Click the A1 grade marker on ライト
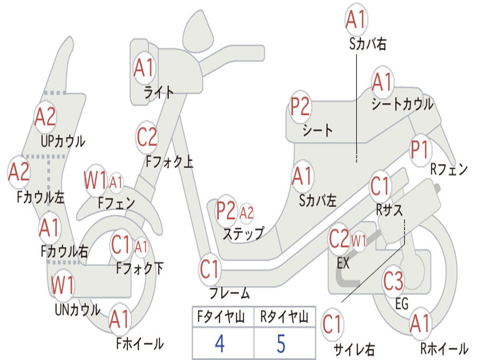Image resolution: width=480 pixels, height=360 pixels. coord(143,68)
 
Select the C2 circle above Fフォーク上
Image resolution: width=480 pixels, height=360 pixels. coord(147,137)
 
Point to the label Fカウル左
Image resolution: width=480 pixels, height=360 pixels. coord(41,197)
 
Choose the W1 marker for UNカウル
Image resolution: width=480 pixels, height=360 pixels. coord(63,285)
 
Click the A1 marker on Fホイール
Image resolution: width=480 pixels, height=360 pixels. coord(120,321)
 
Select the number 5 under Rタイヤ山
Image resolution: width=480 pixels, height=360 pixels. coord(281,344)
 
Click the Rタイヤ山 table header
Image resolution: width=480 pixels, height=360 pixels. coord(284,318)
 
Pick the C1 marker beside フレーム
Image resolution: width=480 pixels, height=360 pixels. coord(210,270)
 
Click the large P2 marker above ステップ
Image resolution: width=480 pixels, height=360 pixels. coord(226,211)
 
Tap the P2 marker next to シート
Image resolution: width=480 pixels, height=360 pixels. coord(300,107)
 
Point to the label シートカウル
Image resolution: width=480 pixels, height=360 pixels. coord(403,105)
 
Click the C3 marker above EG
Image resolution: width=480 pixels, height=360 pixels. coord(393,281)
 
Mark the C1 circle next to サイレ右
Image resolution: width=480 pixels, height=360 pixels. coord(332,324)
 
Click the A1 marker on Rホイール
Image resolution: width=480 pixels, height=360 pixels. coord(420,324)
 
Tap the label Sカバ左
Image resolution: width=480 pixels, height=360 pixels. coord(318,201)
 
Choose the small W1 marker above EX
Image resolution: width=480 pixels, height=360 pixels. coord(359,242)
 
